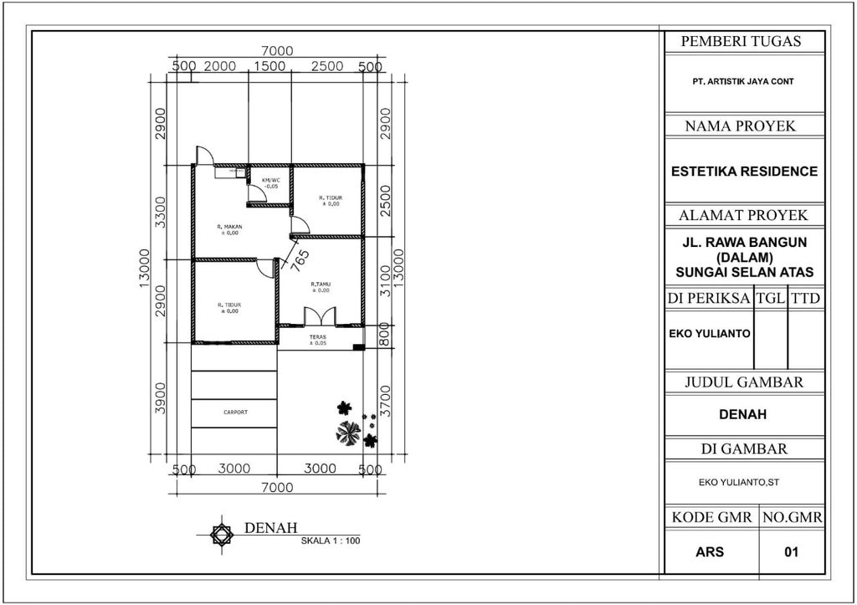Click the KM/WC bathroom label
point(270,183)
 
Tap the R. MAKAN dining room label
point(229,229)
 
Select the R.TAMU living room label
point(321,287)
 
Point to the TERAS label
point(318,339)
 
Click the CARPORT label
point(235,413)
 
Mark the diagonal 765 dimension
point(300,257)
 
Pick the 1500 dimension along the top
point(269,67)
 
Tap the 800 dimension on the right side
point(384,334)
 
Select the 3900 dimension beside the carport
point(161,397)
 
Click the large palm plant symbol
point(348,433)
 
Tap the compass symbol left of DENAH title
point(220,534)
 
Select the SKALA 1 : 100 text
point(331,541)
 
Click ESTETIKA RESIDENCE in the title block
point(744,172)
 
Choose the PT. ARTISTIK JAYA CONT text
point(743,82)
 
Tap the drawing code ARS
point(710,552)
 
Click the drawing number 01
point(791,552)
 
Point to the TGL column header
point(770,299)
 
